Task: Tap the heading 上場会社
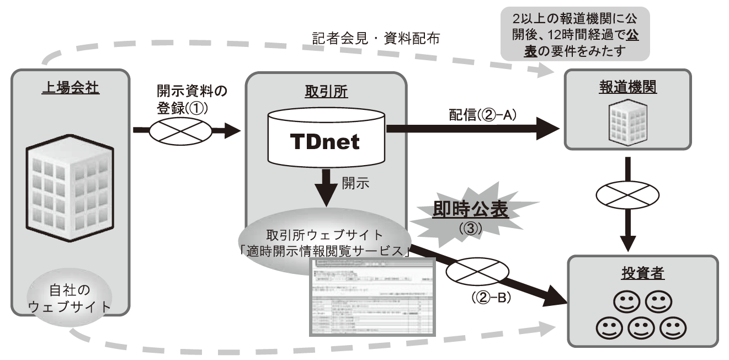click(x=70, y=88)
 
